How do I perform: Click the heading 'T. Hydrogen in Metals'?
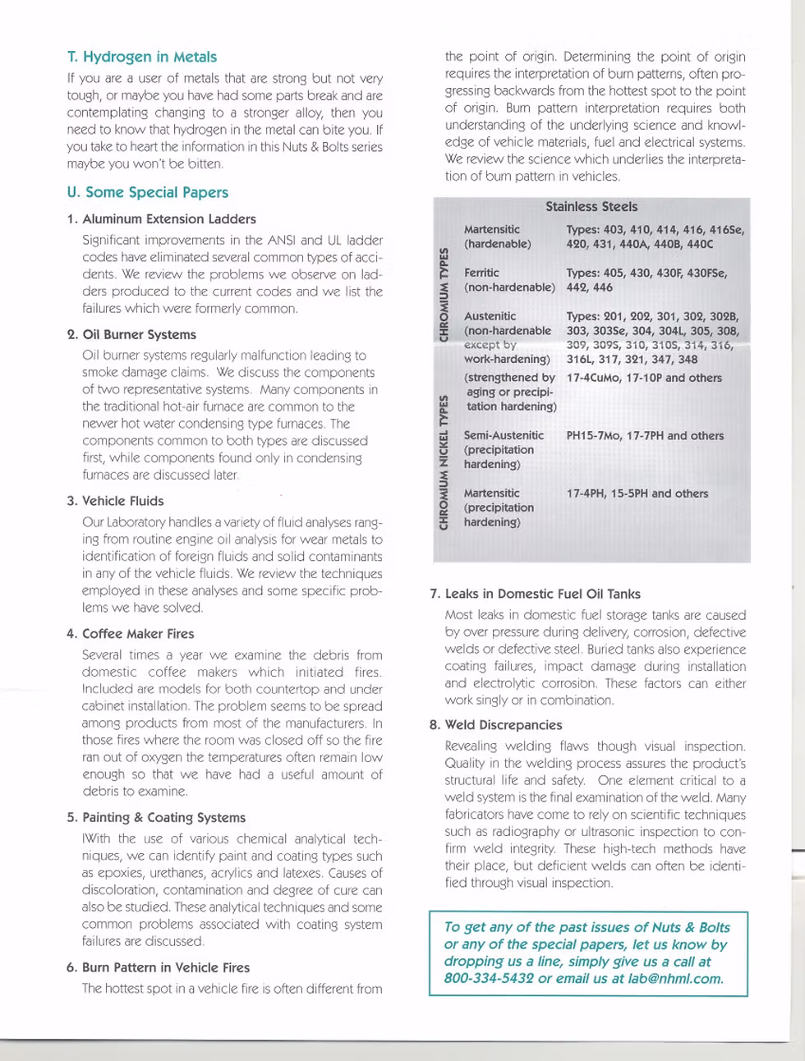142,57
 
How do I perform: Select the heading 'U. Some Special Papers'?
148,193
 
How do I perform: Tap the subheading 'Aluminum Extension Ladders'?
168,219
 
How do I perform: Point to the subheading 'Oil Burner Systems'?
139,335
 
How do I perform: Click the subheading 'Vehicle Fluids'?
122,501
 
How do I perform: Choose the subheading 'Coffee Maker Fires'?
138,634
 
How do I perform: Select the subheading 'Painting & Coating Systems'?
163,818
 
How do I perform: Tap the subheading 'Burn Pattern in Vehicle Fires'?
165,967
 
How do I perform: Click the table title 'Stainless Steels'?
591,207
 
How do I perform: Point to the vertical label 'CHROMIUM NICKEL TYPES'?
444,462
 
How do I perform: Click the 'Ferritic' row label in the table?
481,273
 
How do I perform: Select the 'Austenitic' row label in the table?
490,316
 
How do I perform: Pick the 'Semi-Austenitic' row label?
504,435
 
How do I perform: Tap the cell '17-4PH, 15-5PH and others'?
637,494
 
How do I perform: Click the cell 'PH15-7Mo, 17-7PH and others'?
645,435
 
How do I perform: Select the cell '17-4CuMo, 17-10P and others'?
643,378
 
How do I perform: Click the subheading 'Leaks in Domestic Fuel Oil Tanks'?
542,595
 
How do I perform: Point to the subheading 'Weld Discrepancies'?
503,725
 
